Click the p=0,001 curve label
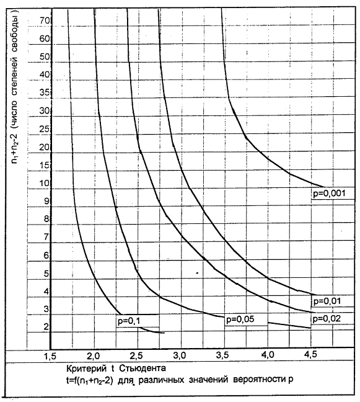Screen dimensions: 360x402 point(329,194)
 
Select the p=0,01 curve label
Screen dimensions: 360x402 point(327,301)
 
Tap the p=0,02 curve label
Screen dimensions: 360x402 point(327,319)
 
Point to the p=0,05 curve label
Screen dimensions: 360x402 point(240,319)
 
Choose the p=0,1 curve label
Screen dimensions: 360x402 point(129,321)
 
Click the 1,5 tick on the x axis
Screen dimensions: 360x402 point(50,356)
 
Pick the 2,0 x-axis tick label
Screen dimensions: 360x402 point(94,355)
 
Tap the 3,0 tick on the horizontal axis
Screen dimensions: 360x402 point(180,355)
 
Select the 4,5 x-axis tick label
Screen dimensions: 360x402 point(310,354)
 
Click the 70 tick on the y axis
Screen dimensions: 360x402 point(45,20)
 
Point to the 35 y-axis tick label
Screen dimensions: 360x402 point(45,92)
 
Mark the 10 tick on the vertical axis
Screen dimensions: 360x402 point(45,183)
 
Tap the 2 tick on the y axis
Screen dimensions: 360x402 point(46,327)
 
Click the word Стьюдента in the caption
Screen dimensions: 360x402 point(143,368)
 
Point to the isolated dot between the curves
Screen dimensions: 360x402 point(197,273)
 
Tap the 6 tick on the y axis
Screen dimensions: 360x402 point(46,256)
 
